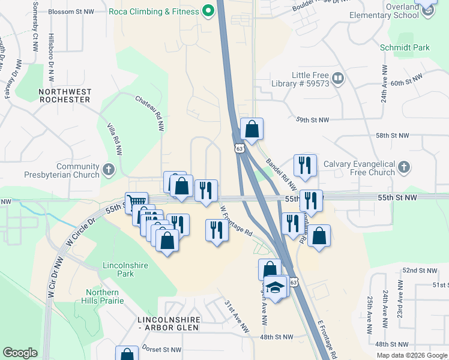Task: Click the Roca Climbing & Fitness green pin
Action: click(x=208, y=11)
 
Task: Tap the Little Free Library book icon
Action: click(x=338, y=79)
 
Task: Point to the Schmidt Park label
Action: click(x=396, y=47)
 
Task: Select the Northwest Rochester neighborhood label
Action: click(x=65, y=95)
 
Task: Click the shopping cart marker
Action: click(x=136, y=202)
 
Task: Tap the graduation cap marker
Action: click(x=276, y=287)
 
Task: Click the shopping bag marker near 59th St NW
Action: click(x=252, y=128)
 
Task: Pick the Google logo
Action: click(x=20, y=353)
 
